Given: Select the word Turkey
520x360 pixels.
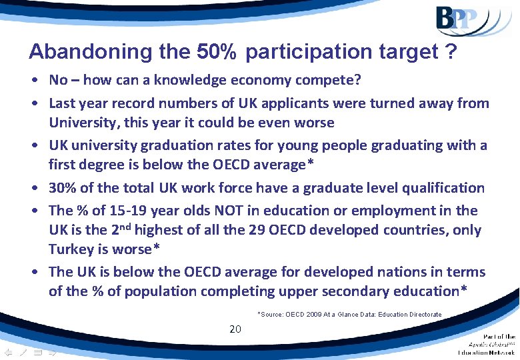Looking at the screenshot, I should click(71, 249).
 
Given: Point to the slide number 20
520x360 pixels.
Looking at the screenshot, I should click(235, 329).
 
